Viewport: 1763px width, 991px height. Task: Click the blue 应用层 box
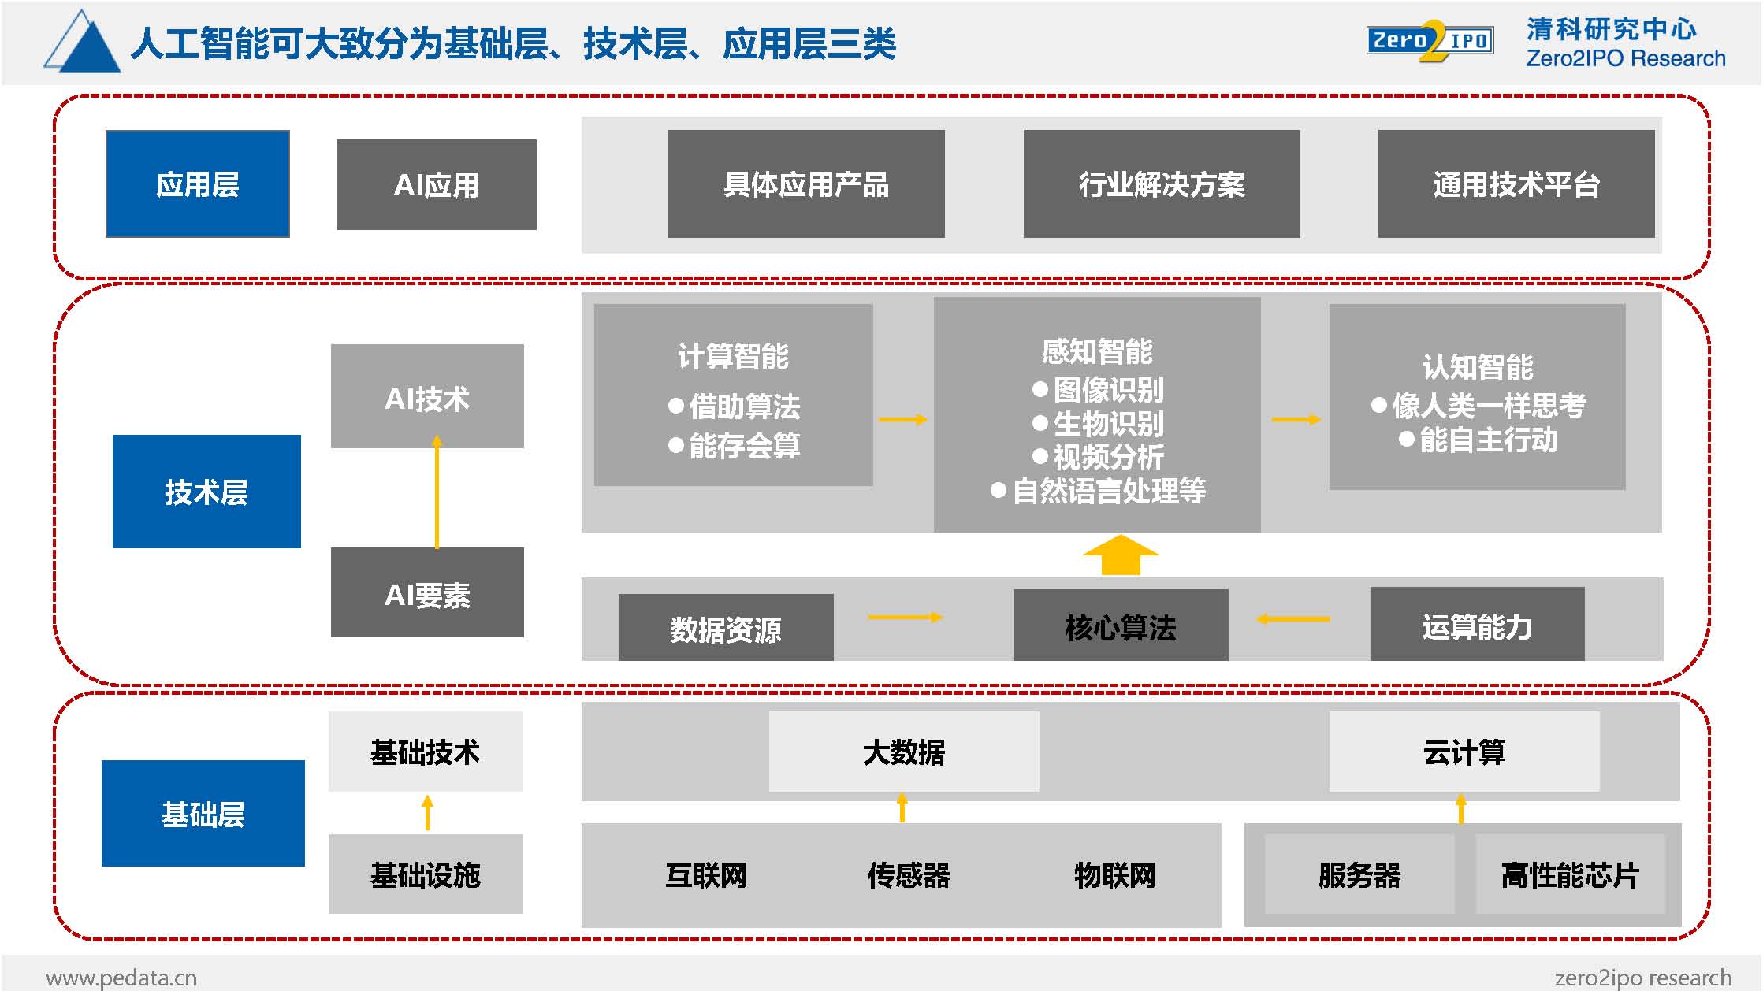[198, 184]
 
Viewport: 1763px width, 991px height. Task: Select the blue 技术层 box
[206, 492]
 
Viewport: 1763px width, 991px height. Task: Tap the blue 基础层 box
[203, 813]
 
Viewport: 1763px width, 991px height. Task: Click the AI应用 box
[437, 184]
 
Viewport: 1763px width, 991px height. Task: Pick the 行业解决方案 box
[1162, 184]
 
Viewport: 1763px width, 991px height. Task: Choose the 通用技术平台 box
[1516, 184]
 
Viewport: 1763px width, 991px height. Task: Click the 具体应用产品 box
[806, 184]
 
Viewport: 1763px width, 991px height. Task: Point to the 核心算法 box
[1121, 625]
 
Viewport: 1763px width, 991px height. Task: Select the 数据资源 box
[726, 628]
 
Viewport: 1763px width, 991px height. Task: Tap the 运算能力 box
[1478, 624]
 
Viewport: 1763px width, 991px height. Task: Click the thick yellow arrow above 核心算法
[1121, 555]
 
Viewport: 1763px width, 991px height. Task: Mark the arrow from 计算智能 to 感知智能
[903, 419]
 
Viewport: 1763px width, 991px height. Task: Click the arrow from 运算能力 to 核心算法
[1293, 619]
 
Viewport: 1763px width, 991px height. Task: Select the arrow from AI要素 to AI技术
[437, 492]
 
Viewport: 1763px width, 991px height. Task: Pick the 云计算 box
[1464, 752]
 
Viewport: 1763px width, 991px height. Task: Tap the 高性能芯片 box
[1570, 874]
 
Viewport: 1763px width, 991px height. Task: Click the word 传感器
[909, 875]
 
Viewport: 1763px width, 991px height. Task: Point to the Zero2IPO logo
[1430, 41]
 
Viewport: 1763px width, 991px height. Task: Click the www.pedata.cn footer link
[121, 978]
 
